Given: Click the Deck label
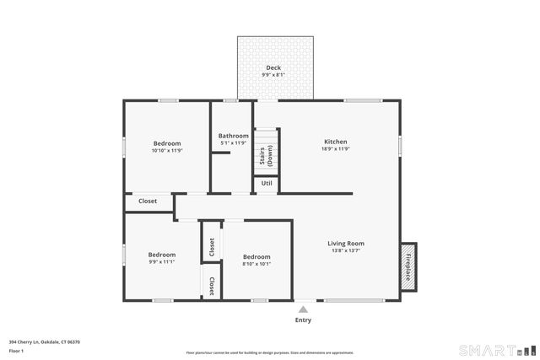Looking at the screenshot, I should pyautogui.click(x=273, y=67).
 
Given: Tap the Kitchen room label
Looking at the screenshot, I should pyautogui.click(x=336, y=142).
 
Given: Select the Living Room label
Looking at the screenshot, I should pyautogui.click(x=346, y=244).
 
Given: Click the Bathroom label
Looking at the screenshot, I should pyautogui.click(x=234, y=136).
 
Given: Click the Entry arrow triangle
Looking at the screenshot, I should pyautogui.click(x=303, y=309).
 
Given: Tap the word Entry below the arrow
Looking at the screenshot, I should pyautogui.click(x=303, y=320).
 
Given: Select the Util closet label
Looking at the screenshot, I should pyautogui.click(x=267, y=183).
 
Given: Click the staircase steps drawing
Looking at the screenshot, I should pyautogui.click(x=267, y=152).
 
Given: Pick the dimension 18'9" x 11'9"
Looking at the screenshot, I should pyautogui.click(x=336, y=149).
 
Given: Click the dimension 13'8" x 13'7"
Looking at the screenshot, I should pyautogui.click(x=346, y=250).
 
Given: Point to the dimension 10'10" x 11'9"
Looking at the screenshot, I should pyautogui.click(x=167, y=150).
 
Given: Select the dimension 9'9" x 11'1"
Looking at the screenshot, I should pyautogui.click(x=162, y=262).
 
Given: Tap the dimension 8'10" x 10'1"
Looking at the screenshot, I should pyautogui.click(x=256, y=263).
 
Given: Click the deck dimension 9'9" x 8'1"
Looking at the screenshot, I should pyautogui.click(x=273, y=75).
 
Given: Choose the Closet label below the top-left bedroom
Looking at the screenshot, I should pyautogui.click(x=148, y=201).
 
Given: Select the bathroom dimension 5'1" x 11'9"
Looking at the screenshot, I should pyautogui.click(x=234, y=143).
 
